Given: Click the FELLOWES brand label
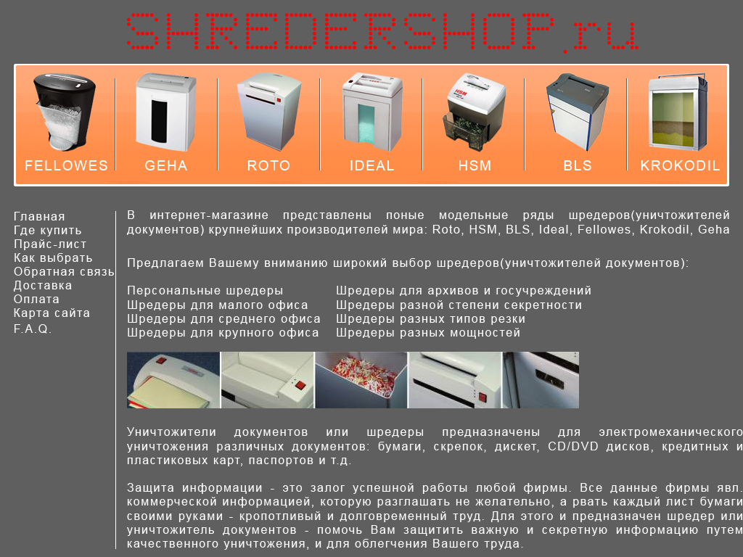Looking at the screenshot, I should (x=66, y=165).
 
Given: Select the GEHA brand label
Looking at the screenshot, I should (x=166, y=165).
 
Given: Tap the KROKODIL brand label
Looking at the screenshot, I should (x=680, y=165).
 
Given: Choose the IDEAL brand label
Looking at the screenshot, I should (x=371, y=165).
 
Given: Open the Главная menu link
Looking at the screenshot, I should (x=39, y=216).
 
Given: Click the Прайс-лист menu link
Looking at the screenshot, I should (x=50, y=244).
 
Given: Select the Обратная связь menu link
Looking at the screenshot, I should (x=64, y=271).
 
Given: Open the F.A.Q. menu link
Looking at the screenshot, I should (x=33, y=329).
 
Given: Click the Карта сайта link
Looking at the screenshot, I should (x=52, y=313).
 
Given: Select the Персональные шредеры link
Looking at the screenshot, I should (x=205, y=290).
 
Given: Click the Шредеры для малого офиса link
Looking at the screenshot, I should (x=218, y=305).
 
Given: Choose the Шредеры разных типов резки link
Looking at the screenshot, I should (x=431, y=318).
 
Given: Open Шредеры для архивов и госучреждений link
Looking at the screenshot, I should (x=464, y=290).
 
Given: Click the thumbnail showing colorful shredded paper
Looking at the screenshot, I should (x=361, y=380).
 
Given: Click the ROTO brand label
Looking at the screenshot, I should (x=268, y=165).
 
